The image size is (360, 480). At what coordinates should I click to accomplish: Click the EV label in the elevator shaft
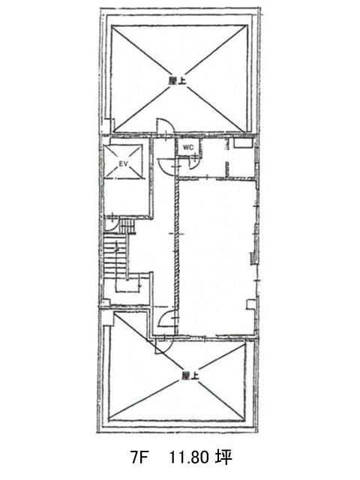pyautogui.click(x=123, y=164)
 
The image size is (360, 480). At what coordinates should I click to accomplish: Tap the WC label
pyautogui.click(x=188, y=147)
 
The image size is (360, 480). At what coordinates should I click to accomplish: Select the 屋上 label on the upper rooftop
pyautogui.click(x=177, y=80)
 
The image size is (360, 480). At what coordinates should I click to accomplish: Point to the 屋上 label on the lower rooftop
pyautogui.click(x=190, y=376)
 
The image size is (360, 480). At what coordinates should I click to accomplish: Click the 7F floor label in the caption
pyautogui.click(x=139, y=458)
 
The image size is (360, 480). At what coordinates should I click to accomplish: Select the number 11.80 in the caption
pyautogui.click(x=189, y=458)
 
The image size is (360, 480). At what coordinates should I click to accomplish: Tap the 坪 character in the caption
pyautogui.click(x=223, y=458)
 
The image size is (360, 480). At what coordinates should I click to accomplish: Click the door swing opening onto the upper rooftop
pyautogui.click(x=165, y=126)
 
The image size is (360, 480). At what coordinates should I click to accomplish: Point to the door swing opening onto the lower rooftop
pyautogui.click(x=163, y=346)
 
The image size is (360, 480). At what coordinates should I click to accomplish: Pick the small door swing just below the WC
pyautogui.click(x=193, y=163)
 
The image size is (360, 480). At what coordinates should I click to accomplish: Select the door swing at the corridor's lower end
pyautogui.click(x=167, y=319)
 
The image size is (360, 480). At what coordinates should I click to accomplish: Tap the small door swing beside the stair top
pyautogui.click(x=110, y=224)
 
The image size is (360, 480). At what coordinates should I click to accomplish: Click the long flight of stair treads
pyautogui.click(x=115, y=256)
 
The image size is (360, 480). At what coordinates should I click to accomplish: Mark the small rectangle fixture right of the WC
pyautogui.click(x=243, y=143)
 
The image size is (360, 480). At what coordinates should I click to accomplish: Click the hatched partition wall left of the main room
pyautogui.click(x=177, y=257)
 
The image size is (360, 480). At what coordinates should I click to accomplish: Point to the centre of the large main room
pyautogui.click(x=216, y=258)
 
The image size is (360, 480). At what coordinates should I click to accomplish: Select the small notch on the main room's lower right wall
pyautogui.click(x=250, y=305)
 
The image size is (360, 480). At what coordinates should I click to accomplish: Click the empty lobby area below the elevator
pyautogui.click(x=127, y=198)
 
